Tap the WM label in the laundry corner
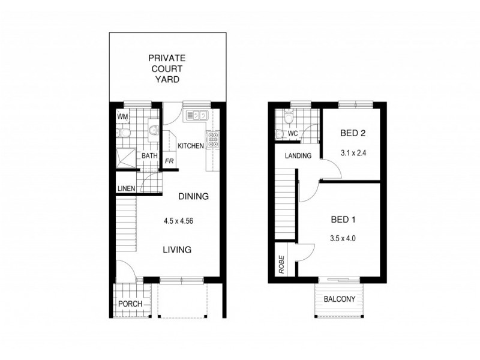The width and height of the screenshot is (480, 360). click(x=122, y=116)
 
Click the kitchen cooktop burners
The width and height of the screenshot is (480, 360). click(x=212, y=140)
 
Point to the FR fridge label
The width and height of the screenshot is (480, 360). click(x=170, y=161)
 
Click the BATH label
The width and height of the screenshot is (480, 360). click(x=149, y=156)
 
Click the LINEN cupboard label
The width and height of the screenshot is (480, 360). click(x=126, y=188)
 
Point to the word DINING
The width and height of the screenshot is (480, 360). click(x=193, y=196)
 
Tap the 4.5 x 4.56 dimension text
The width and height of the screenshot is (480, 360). click(x=178, y=220)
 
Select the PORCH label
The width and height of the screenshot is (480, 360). click(x=130, y=304)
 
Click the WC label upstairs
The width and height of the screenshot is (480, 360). click(x=293, y=133)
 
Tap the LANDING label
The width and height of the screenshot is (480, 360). click(x=298, y=156)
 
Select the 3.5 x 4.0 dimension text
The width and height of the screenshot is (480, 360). click(x=344, y=238)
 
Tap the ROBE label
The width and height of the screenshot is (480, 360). click(x=281, y=264)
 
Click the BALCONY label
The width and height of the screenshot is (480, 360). click(x=340, y=299)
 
